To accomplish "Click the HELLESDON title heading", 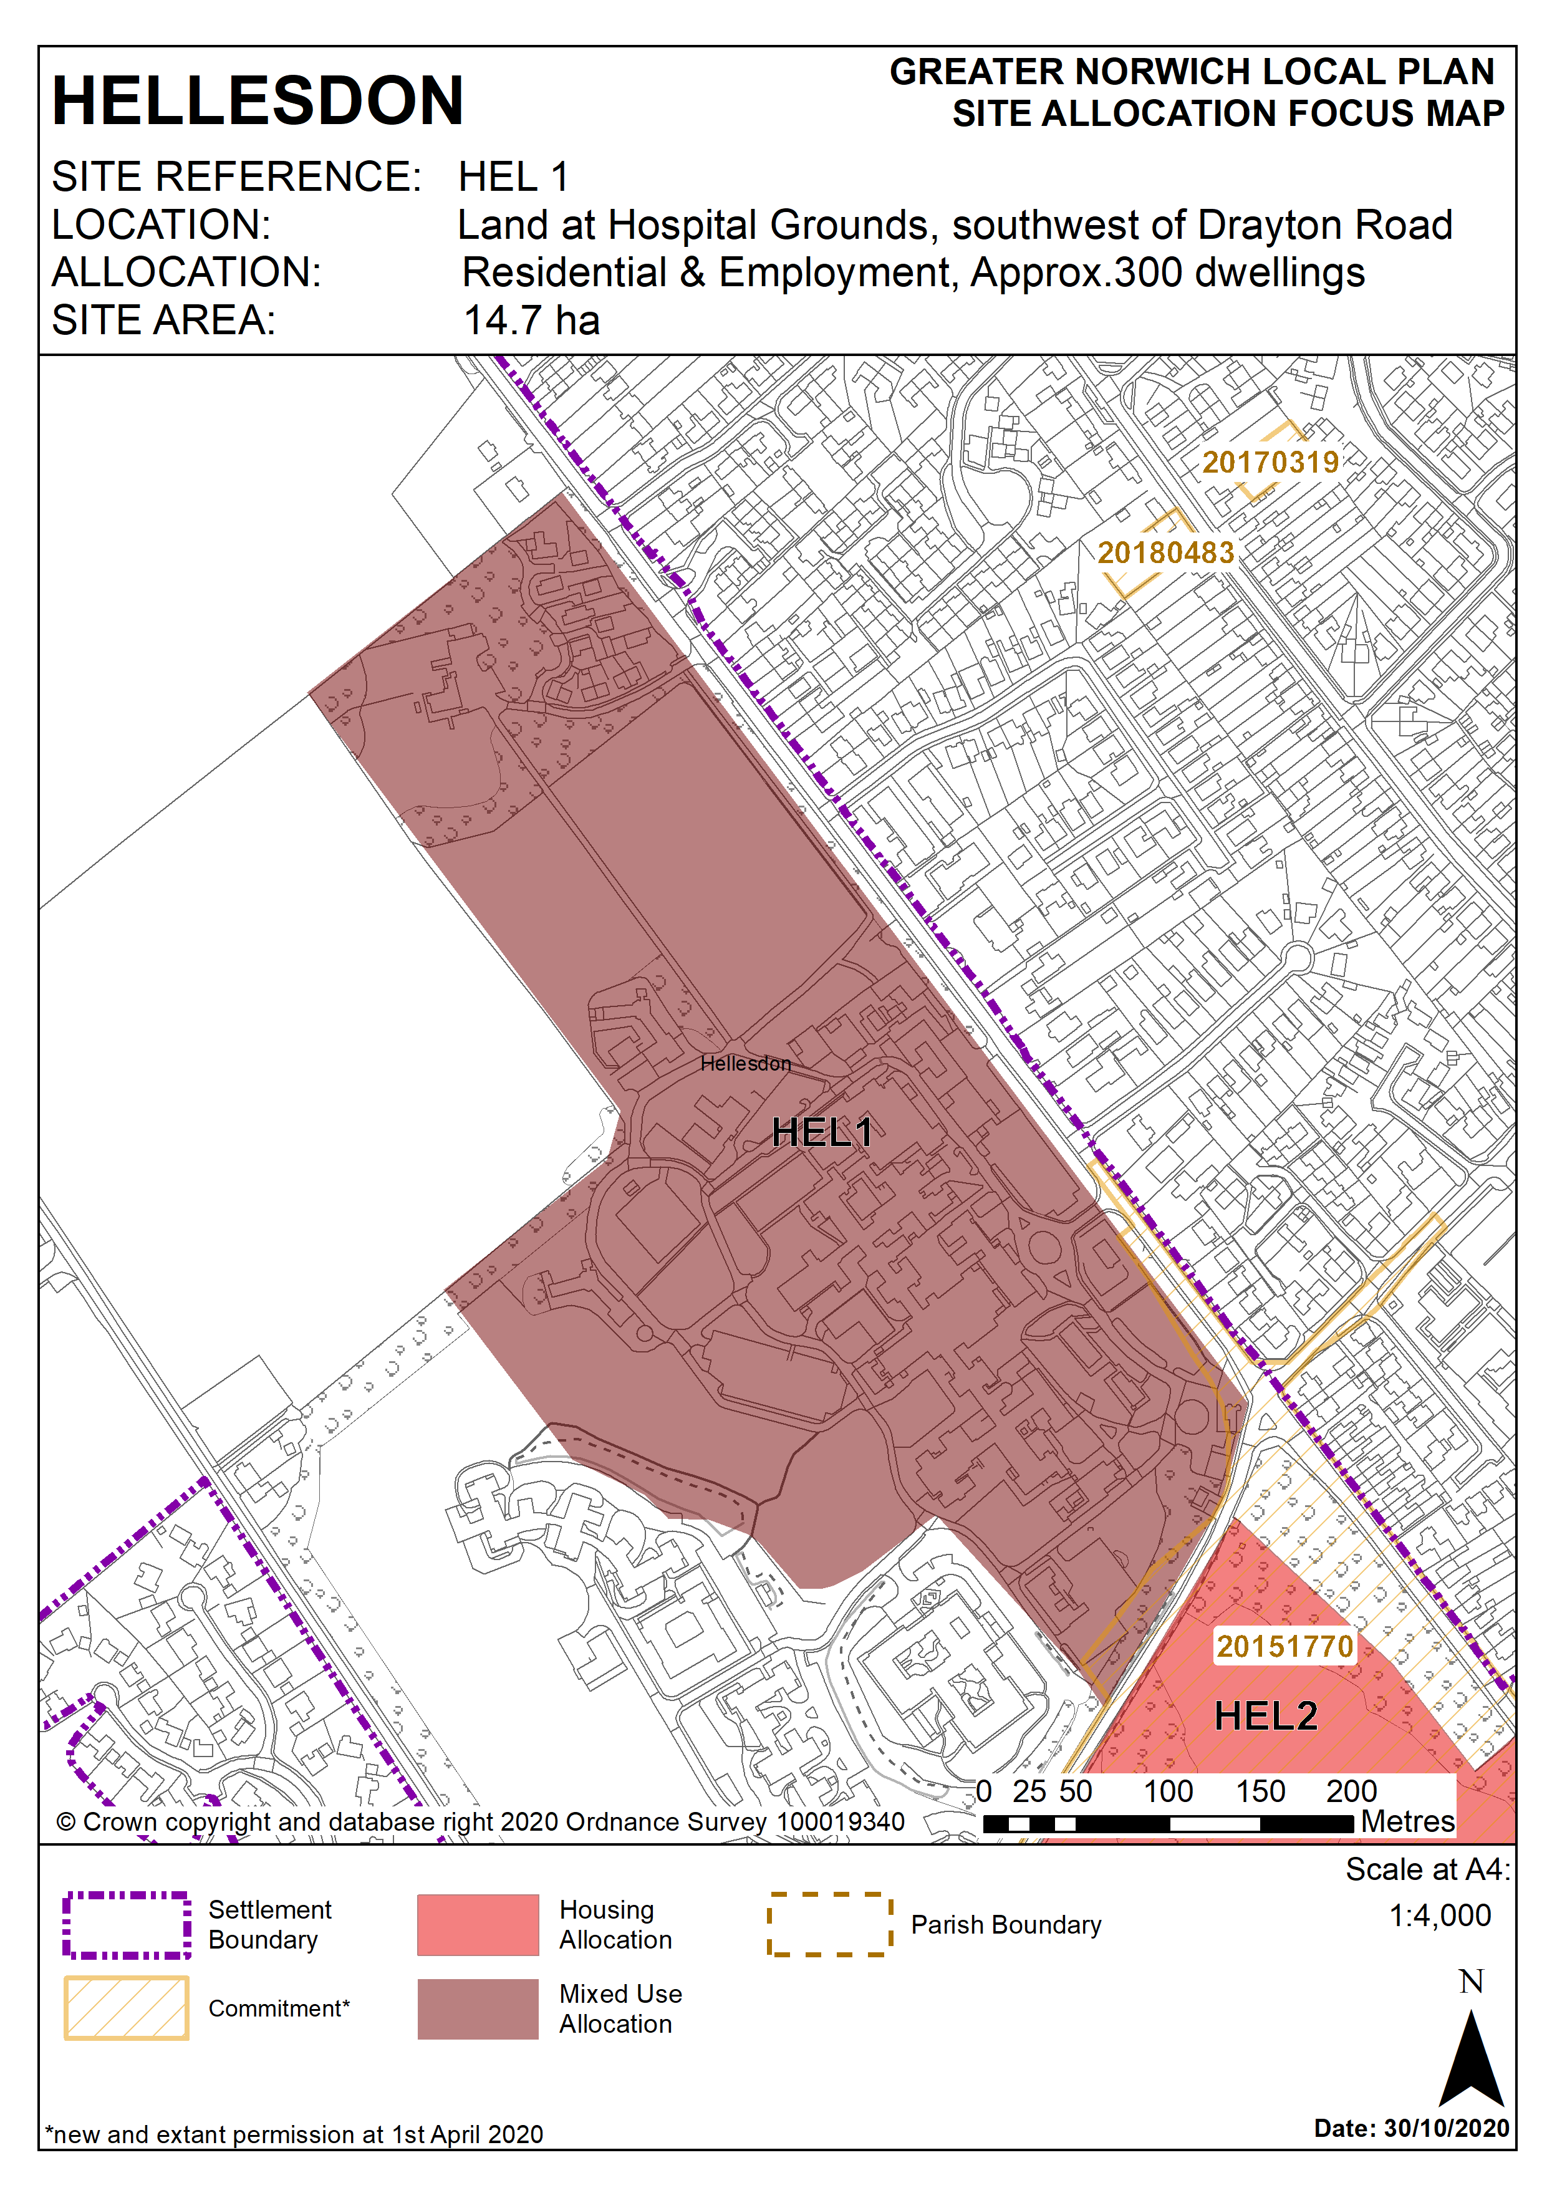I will click(258, 101).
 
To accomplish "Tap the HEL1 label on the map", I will click(822, 1132).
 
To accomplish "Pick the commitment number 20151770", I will click(1284, 1646).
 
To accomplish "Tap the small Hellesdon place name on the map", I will click(745, 1064).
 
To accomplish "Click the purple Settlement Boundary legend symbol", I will click(127, 1925).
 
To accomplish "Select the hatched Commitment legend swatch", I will click(127, 2008).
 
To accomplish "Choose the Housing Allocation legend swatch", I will click(478, 1925).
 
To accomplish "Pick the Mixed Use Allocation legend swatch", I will click(478, 2009).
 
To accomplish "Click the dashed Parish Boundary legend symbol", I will click(829, 1925).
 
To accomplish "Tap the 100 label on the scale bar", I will click(1168, 1791).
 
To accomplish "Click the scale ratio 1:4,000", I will click(1439, 1916).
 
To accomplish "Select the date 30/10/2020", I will click(1446, 2128).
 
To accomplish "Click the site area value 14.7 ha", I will click(532, 320).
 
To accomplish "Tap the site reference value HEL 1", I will click(513, 176).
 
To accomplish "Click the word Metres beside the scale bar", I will click(1407, 1821).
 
